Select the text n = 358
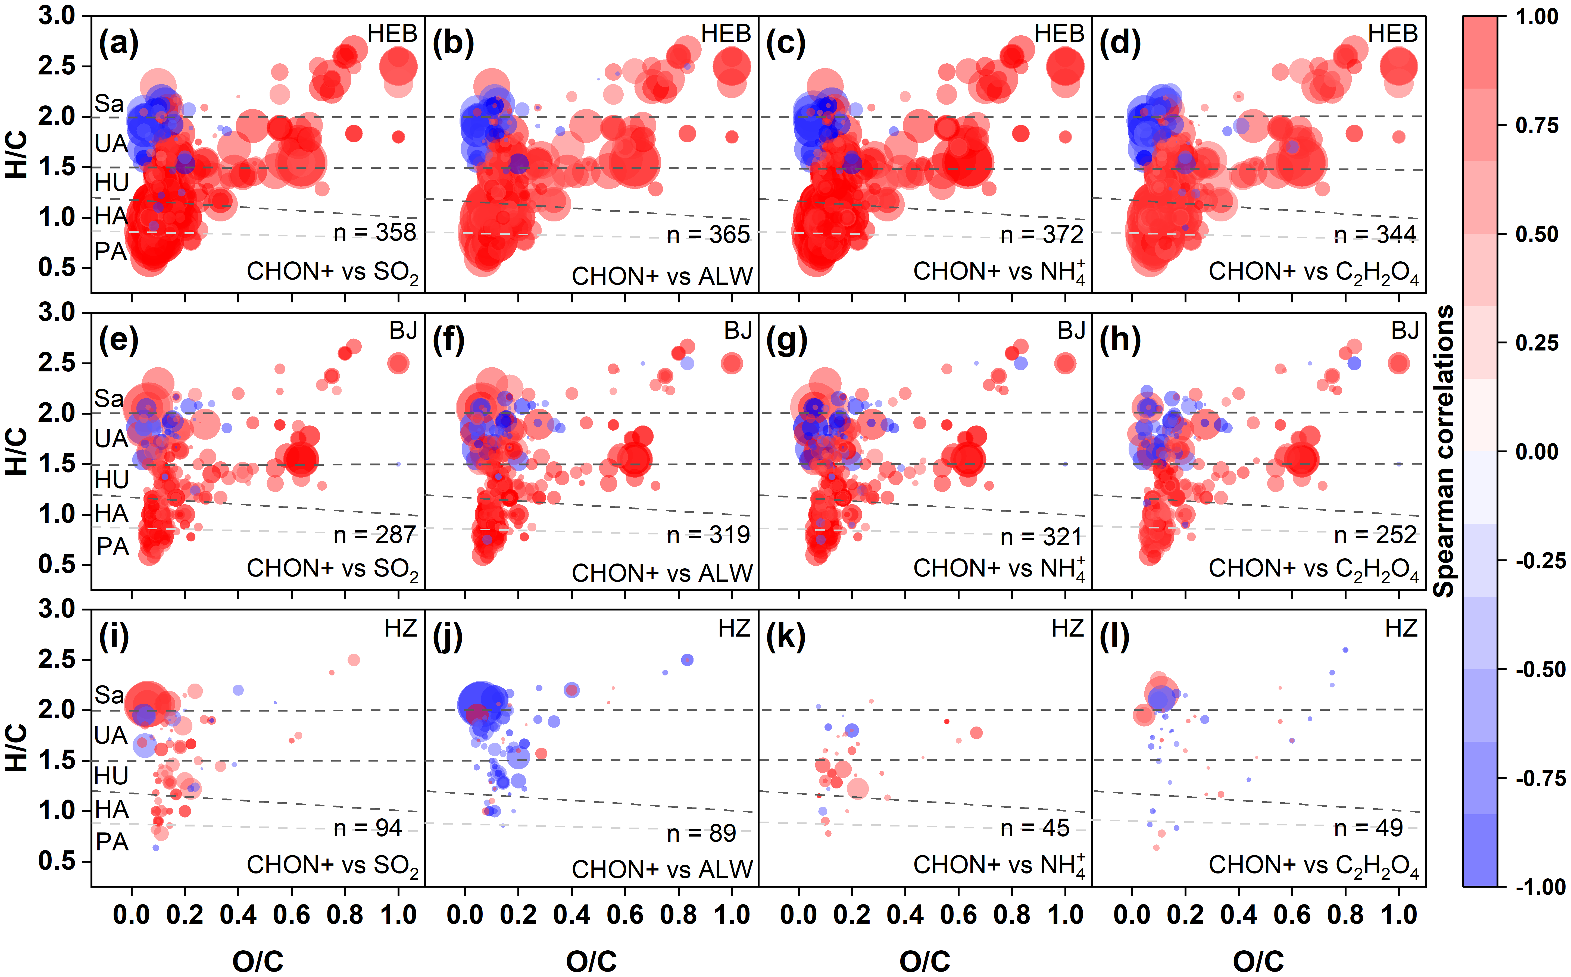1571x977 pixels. point(375,233)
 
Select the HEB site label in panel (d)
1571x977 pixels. point(1393,34)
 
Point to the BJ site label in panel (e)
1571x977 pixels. point(403,331)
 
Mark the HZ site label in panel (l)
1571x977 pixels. point(1401,628)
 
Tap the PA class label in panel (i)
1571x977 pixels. point(113,842)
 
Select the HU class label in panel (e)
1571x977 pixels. point(112,480)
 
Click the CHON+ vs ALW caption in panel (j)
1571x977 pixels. point(662,870)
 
